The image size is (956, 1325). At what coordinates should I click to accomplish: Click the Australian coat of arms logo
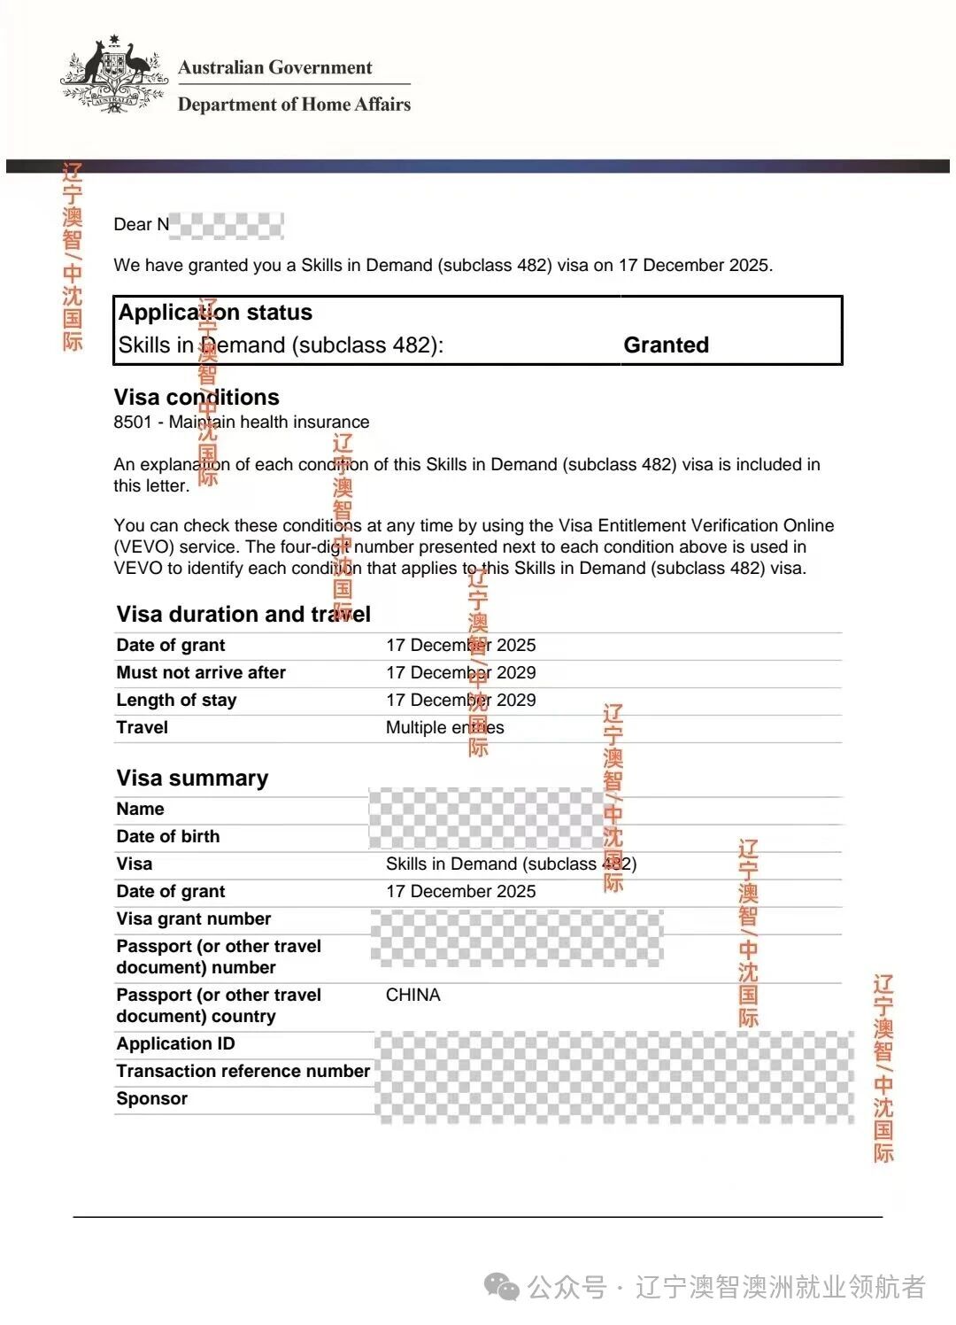point(114,74)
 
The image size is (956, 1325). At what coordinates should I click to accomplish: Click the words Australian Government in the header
point(274,67)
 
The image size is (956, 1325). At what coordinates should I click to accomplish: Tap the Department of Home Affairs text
point(294,105)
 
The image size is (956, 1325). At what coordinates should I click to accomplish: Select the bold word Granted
point(666,345)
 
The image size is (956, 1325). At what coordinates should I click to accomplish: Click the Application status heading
point(215,313)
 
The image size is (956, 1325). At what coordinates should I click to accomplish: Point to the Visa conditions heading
point(197,397)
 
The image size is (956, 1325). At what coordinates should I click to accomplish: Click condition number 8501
point(133,422)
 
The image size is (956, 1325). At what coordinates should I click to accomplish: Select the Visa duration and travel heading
point(243,614)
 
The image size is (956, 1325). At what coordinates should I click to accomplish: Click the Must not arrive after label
point(201,672)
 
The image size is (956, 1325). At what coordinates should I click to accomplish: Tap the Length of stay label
point(176,700)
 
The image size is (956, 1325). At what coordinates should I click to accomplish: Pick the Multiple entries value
point(444,727)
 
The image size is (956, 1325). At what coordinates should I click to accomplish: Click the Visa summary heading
point(192,778)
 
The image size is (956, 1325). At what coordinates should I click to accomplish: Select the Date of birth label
point(167,836)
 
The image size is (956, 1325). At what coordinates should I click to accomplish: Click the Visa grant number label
point(193,918)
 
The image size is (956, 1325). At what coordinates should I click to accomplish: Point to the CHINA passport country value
point(412,995)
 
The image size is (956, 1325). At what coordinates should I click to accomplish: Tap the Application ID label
point(175,1043)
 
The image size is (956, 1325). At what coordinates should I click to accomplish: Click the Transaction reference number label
point(243,1071)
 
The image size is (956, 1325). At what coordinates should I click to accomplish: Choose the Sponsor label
point(151,1098)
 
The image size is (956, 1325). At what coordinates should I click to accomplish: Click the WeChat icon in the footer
point(502,1287)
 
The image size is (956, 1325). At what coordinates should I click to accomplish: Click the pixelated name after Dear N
point(227,225)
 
